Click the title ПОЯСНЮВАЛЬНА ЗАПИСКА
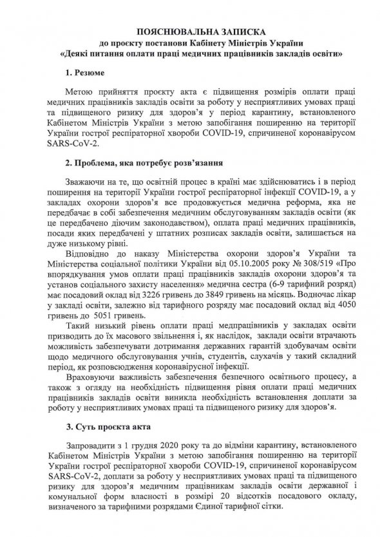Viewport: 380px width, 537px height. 190,31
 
